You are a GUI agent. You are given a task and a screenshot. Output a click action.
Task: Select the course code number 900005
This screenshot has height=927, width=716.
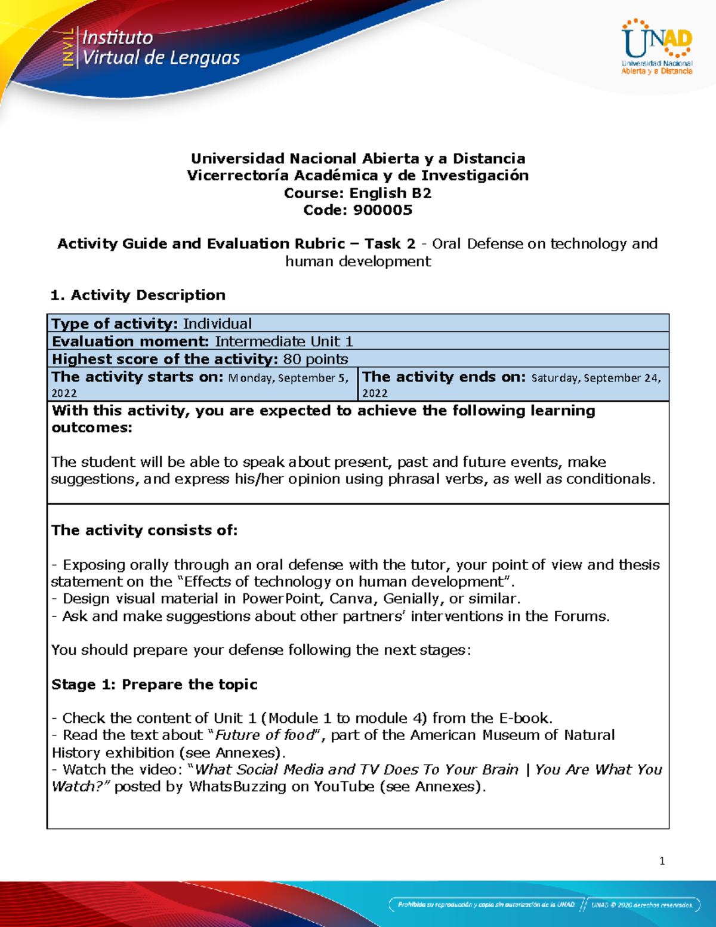pos(382,210)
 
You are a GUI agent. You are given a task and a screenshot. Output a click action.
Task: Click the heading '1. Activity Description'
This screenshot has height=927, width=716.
pos(138,295)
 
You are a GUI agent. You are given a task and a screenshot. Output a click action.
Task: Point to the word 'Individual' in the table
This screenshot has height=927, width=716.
pos(217,324)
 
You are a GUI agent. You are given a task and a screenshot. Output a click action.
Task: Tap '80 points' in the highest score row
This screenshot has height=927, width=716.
pos(316,359)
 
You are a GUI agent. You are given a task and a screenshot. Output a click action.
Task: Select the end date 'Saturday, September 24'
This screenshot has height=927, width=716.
pos(595,378)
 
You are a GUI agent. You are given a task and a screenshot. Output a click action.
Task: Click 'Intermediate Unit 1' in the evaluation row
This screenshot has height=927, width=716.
pos(284,341)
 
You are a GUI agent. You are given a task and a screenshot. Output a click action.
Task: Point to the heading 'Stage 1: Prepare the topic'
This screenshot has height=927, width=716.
pos(154,684)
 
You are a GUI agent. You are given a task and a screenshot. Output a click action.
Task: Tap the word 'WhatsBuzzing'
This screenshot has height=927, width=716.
pos(237,787)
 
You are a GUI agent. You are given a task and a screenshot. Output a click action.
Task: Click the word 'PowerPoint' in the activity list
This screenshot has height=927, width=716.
pos(280,599)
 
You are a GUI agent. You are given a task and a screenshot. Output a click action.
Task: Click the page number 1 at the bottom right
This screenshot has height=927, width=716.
pos(662,861)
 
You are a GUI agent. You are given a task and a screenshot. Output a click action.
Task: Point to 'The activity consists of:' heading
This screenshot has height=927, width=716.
pos(144,530)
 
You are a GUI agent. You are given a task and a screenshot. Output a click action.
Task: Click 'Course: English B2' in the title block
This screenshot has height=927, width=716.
pos(357,193)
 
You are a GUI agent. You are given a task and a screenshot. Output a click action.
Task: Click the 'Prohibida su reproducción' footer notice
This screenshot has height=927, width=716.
pos(486,905)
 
